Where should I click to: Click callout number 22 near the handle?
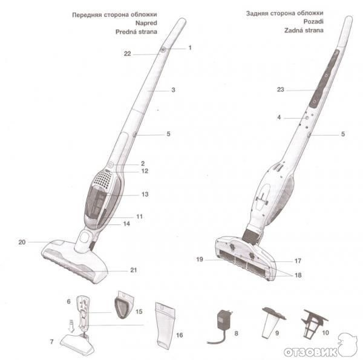click(x=127, y=54)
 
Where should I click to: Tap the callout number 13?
click(x=145, y=194)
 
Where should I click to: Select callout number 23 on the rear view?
click(x=280, y=90)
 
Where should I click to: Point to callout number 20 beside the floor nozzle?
click(x=22, y=242)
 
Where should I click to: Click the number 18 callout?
click(x=298, y=275)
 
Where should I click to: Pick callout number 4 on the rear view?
click(x=279, y=117)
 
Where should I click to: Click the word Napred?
click(x=146, y=23)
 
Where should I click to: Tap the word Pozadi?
click(x=313, y=22)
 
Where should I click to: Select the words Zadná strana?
click(x=304, y=30)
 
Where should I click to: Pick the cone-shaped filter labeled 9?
click(x=273, y=322)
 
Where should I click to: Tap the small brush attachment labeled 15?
click(x=125, y=304)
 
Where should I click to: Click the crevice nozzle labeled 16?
click(x=166, y=326)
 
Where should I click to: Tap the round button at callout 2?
click(x=111, y=165)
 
